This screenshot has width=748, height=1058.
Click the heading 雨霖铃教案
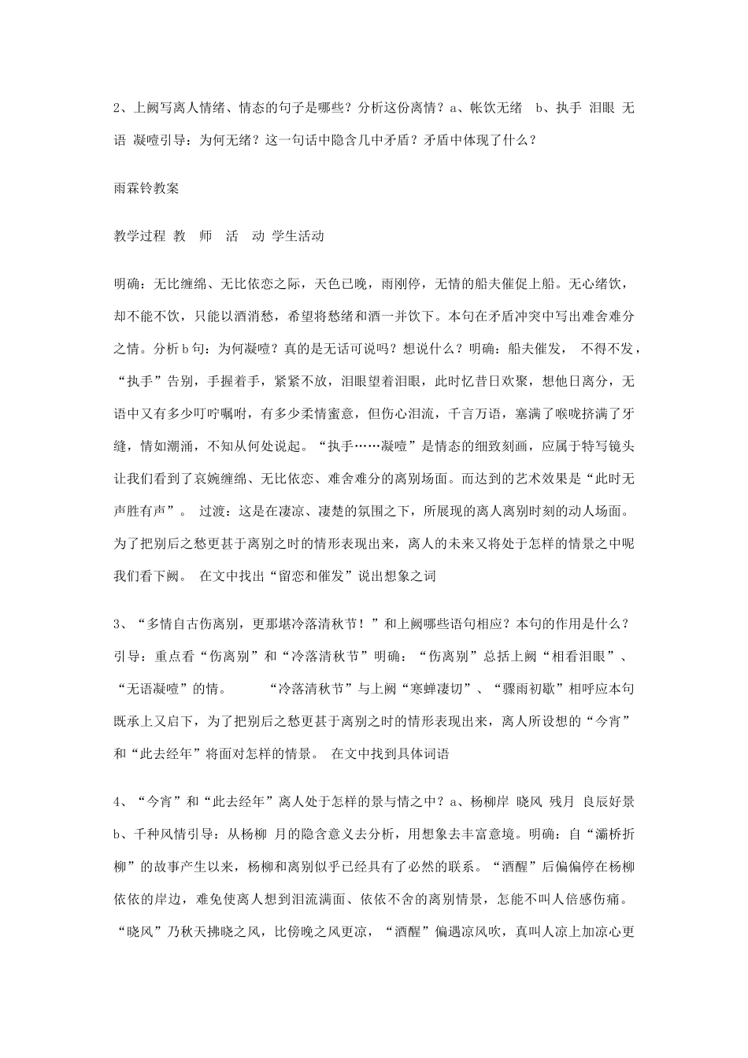pos(146,189)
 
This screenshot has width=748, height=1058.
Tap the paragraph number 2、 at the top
pos(120,108)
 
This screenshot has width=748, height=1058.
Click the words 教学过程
pos(139,236)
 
